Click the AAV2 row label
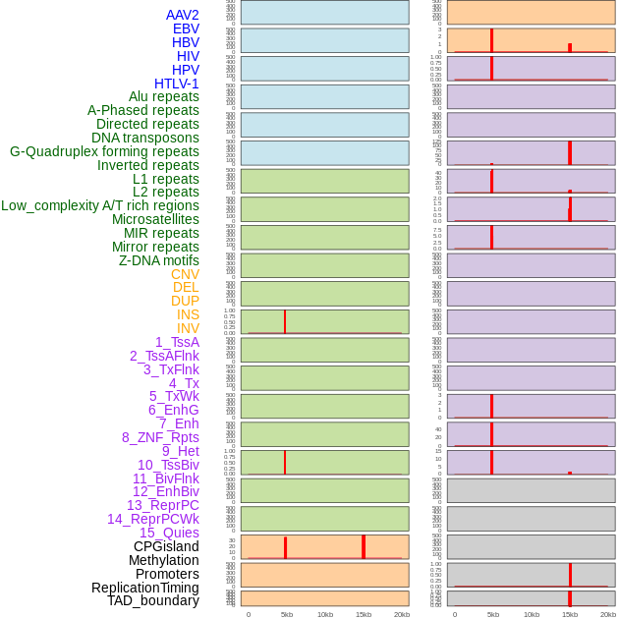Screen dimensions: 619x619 pyautogui.click(x=182, y=15)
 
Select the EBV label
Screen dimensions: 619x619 pyautogui.click(x=186, y=28)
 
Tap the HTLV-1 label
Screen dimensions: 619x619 pyautogui.click(x=176, y=84)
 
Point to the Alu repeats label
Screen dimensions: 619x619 pyautogui.click(x=163, y=96)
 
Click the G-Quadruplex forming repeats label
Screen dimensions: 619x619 pyautogui.click(x=104, y=151)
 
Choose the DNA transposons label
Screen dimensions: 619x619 pyautogui.click(x=145, y=138)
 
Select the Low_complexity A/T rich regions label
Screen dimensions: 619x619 pyautogui.click(x=100, y=205)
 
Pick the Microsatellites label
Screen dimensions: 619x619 pyautogui.click(x=155, y=219)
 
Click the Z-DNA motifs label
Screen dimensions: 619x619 pyautogui.click(x=159, y=260)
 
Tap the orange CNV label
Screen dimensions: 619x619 pyautogui.click(x=185, y=274)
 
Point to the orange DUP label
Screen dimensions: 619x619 pyautogui.click(x=185, y=301)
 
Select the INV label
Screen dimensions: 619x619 pyautogui.click(x=188, y=328)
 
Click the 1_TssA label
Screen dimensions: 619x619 pyautogui.click(x=177, y=342)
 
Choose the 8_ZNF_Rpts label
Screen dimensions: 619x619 pyautogui.click(x=160, y=437)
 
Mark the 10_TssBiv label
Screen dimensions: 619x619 pyautogui.click(x=168, y=465)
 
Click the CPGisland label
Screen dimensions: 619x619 pyautogui.click(x=166, y=546)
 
